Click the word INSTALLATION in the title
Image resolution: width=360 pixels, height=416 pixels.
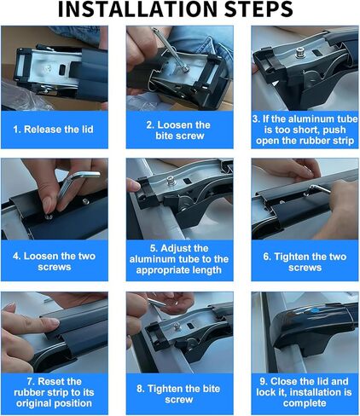coord(137,9)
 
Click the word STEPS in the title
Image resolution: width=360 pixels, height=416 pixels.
coord(258,9)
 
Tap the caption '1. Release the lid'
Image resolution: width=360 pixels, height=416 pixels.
coord(53,130)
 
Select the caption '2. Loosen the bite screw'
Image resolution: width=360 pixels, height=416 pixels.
coord(179,130)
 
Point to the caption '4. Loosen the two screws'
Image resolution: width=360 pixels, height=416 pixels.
coord(54,262)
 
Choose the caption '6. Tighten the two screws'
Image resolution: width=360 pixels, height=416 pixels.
coord(305,262)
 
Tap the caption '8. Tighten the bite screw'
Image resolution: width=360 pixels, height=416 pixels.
coord(178,394)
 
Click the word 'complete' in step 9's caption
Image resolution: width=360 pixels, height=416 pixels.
coord(305,403)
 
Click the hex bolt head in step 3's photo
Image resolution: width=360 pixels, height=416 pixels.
coord(300,53)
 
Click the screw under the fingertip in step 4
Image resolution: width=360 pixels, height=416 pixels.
coord(49,217)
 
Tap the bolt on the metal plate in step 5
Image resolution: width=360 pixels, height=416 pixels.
coord(171,181)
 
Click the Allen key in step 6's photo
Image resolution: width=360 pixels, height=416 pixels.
coord(317,189)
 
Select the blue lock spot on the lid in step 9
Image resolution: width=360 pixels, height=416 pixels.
coord(315,310)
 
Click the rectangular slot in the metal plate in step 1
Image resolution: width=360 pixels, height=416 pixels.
coord(63,69)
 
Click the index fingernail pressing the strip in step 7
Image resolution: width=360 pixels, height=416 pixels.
coord(54,322)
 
